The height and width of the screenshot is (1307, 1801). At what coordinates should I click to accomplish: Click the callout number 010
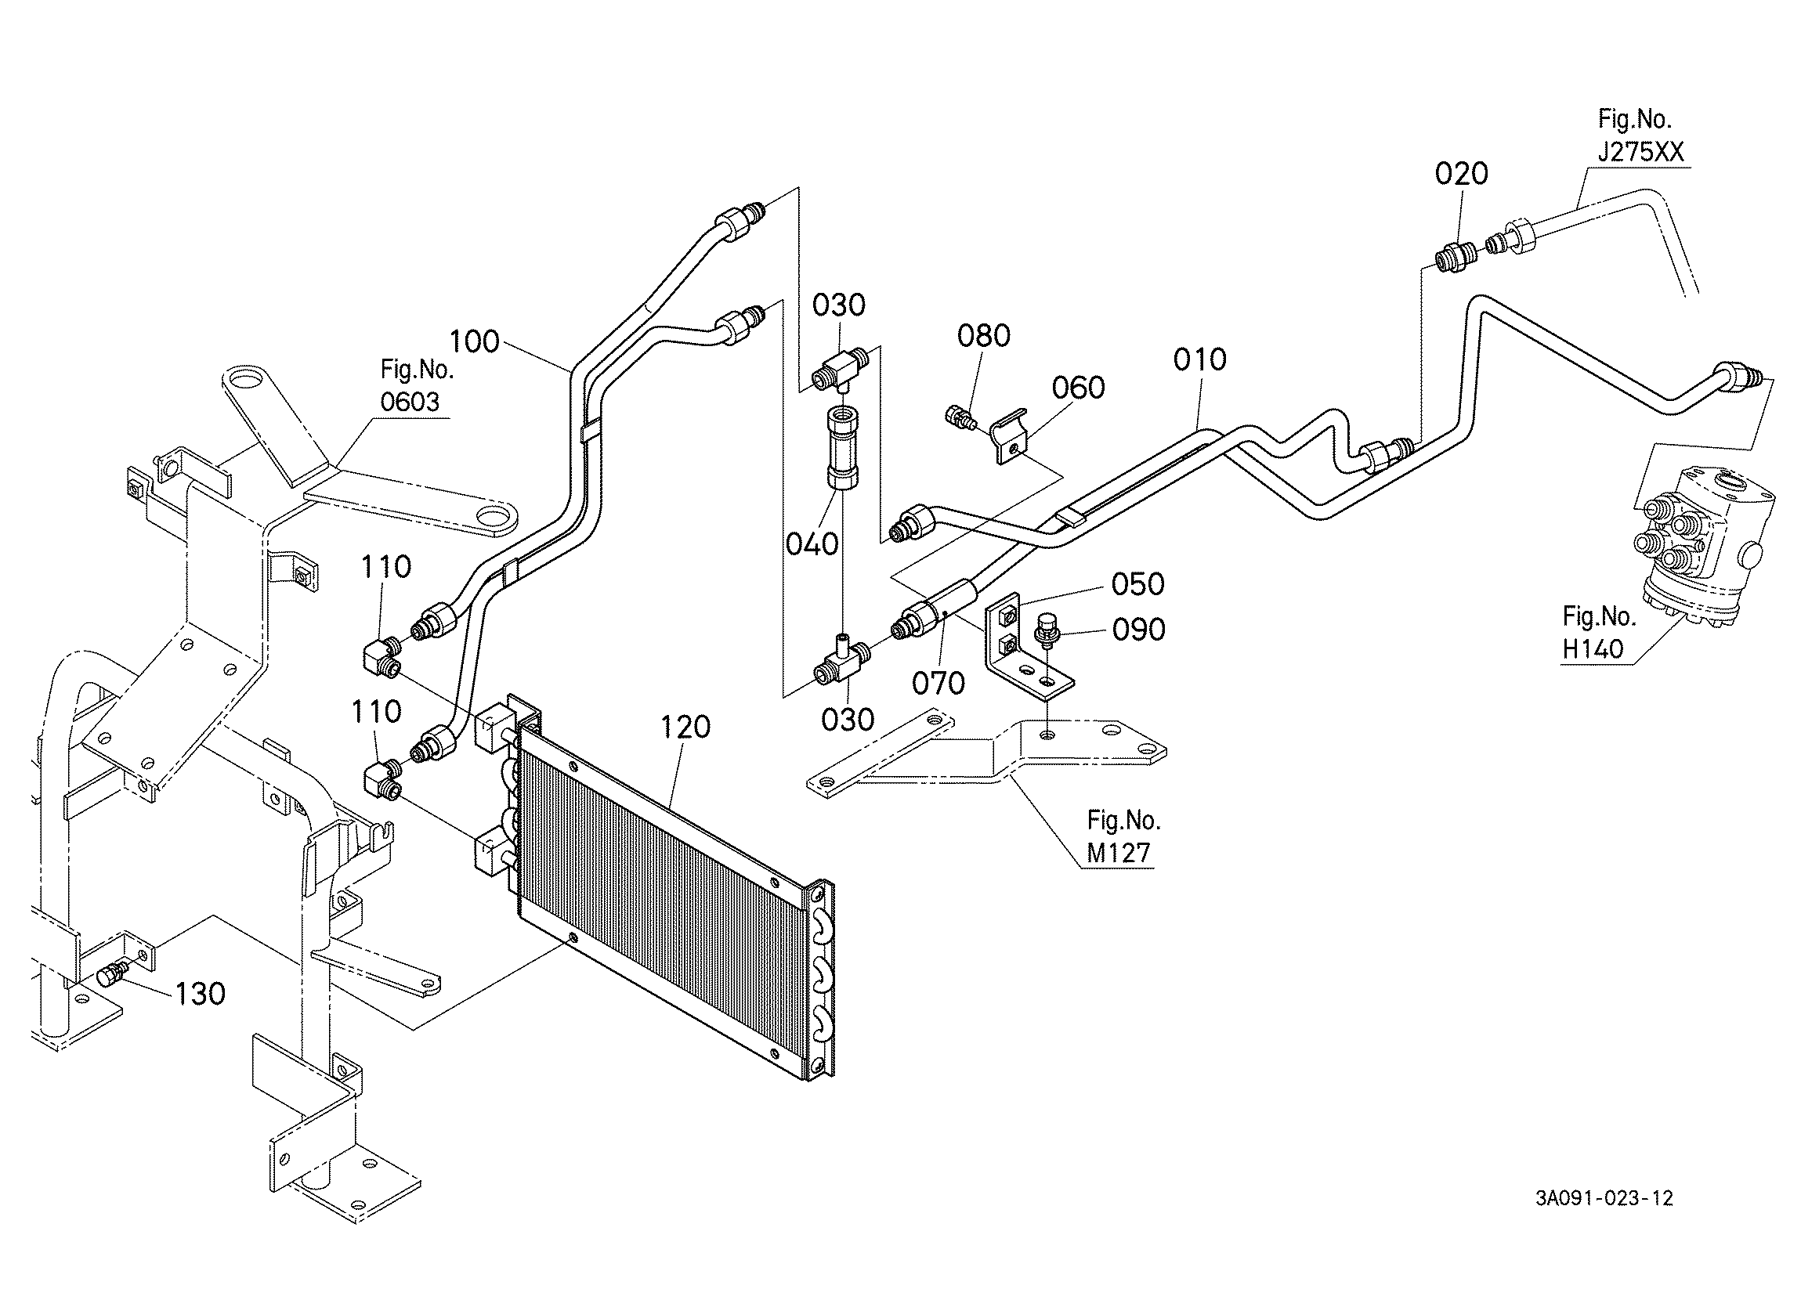pos(1200,359)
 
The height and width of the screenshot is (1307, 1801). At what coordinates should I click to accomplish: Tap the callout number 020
pos(1461,174)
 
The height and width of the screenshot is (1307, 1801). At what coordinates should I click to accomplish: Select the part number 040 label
pos(812,544)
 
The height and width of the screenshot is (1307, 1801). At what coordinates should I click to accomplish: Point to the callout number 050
pos(1138,584)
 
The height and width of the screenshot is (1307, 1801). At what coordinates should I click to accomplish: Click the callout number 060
pos(1079,388)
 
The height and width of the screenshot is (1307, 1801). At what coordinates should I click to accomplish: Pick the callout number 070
pos(938,683)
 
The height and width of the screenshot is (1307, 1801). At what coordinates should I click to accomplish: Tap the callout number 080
pos(984,336)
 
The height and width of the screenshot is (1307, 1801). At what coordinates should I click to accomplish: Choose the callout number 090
pos(1139,630)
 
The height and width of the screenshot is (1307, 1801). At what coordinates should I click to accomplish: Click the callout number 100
pos(474,341)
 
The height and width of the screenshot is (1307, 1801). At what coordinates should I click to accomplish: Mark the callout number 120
pos(685,727)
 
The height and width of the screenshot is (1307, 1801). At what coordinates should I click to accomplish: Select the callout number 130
pos(200,993)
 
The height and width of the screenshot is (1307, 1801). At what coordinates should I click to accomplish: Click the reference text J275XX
pos(1640,152)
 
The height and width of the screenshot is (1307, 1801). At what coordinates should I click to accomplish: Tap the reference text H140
pos(1593,648)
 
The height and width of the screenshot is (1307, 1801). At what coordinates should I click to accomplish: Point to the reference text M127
pos(1118,853)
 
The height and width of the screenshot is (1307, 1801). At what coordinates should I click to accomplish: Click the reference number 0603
pos(409,402)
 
